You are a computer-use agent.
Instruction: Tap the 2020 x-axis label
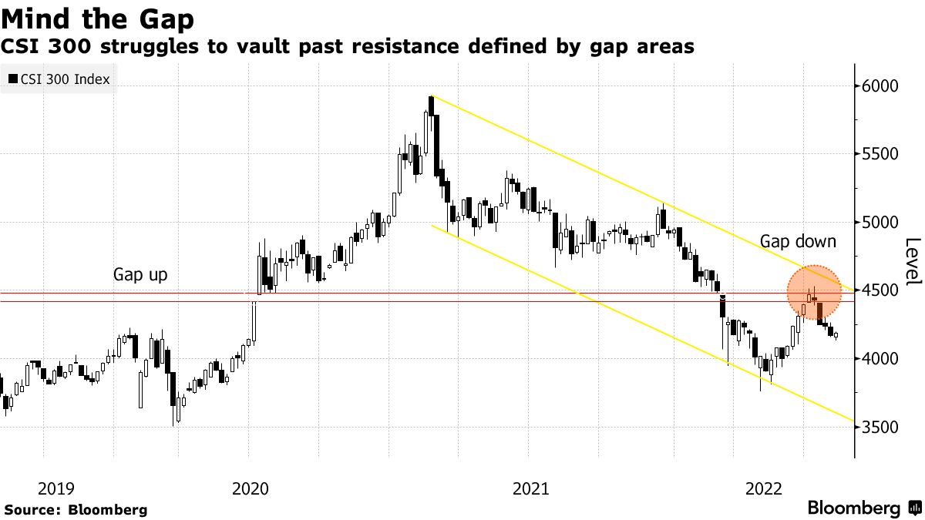coord(249,488)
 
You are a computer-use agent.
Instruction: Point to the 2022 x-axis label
coord(765,488)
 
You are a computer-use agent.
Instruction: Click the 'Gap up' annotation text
coord(140,274)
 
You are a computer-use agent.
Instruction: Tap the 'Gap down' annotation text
coord(798,241)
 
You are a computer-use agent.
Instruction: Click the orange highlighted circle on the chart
coord(814,293)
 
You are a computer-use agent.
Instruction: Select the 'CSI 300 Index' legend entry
coord(65,79)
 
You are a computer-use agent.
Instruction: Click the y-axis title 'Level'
coord(912,262)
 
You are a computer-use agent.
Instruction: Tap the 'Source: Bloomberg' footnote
coord(76,509)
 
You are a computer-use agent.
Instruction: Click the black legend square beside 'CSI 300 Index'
coord(12,79)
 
